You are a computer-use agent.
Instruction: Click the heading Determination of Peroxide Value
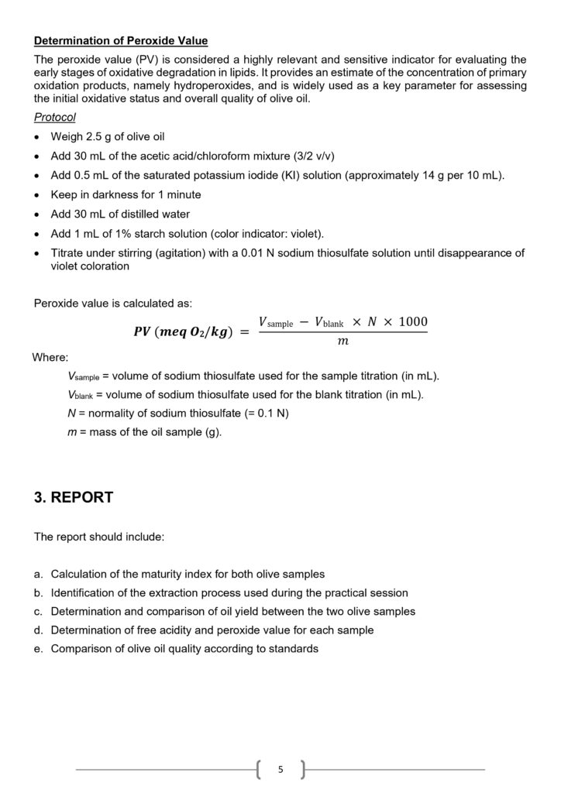click(x=121, y=40)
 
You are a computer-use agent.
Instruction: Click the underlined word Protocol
click(x=55, y=117)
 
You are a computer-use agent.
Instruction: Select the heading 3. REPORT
click(x=74, y=497)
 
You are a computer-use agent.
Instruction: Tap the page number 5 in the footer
click(x=280, y=769)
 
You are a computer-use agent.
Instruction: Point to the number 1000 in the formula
click(x=411, y=321)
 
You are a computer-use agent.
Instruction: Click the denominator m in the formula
click(x=343, y=342)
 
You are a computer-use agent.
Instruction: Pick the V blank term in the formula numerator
click(x=329, y=322)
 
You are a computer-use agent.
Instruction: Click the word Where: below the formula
click(x=50, y=358)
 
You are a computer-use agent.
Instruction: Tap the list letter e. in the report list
click(x=38, y=649)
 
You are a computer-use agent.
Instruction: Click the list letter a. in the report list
click(x=38, y=575)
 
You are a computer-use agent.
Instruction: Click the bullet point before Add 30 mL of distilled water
click(x=38, y=215)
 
